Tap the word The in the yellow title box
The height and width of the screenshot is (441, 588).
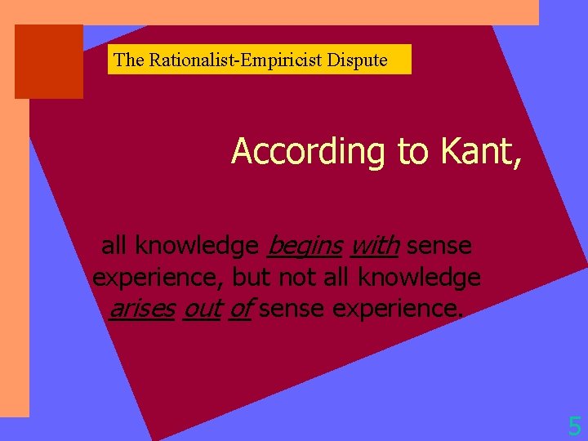[x=128, y=60]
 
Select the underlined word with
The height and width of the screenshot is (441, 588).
[x=374, y=244]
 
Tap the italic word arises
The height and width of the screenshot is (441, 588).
[x=142, y=309]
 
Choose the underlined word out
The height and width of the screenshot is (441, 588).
[x=202, y=309]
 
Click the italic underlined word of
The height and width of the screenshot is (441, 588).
[x=239, y=309]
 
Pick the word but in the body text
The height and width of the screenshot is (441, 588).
[x=252, y=277]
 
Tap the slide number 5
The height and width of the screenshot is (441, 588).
[x=575, y=425]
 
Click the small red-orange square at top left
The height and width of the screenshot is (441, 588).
[x=49, y=61]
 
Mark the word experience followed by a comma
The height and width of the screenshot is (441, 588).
[x=158, y=278]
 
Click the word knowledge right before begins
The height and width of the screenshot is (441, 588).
[x=197, y=245]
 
